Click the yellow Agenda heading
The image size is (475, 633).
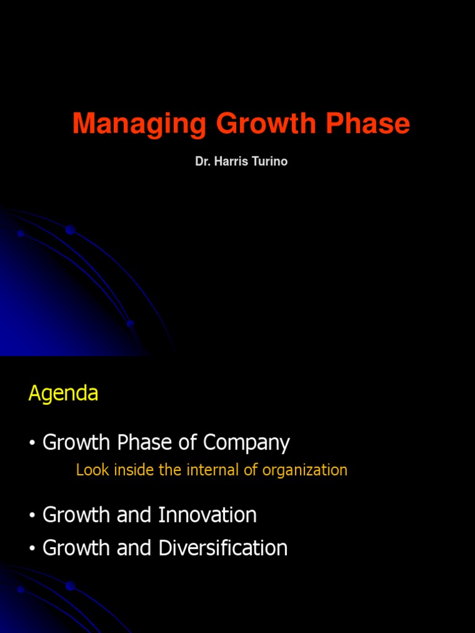[x=63, y=394]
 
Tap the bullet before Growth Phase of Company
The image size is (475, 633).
[x=32, y=443]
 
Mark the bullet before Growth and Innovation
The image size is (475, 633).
[x=32, y=516]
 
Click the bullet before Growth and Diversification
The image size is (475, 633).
[x=32, y=548]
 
